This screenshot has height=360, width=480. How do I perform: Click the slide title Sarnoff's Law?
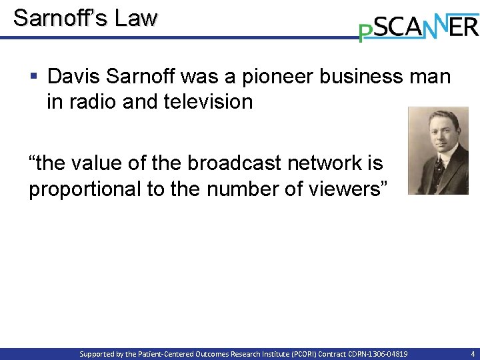click(85, 18)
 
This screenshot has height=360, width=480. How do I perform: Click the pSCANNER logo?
click(418, 26)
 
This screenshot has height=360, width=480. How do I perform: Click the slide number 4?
click(473, 354)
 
